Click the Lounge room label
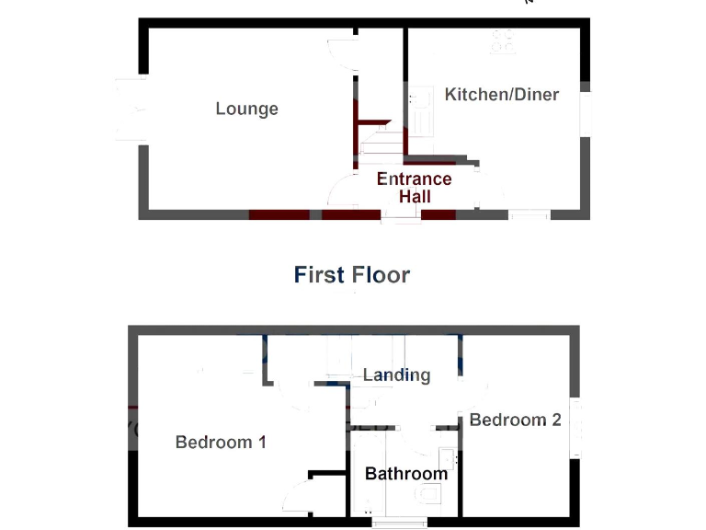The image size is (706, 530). click(246, 109)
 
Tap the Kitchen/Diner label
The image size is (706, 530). click(501, 95)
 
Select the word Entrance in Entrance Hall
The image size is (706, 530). click(414, 179)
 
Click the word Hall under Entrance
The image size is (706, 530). click(416, 196)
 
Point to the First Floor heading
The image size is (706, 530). click(352, 274)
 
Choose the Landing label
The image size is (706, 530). click(396, 374)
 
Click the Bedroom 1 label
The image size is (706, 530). click(221, 443)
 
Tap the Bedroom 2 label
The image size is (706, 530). click(515, 421)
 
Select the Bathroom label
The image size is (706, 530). click(405, 474)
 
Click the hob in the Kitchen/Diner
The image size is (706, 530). click(503, 40)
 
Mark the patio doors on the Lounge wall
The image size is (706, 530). click(129, 109)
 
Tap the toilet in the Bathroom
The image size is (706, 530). click(429, 495)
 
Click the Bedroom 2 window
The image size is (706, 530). click(576, 428)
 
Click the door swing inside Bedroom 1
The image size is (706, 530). click(297, 498)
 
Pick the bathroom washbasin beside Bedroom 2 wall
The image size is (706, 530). click(447, 457)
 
